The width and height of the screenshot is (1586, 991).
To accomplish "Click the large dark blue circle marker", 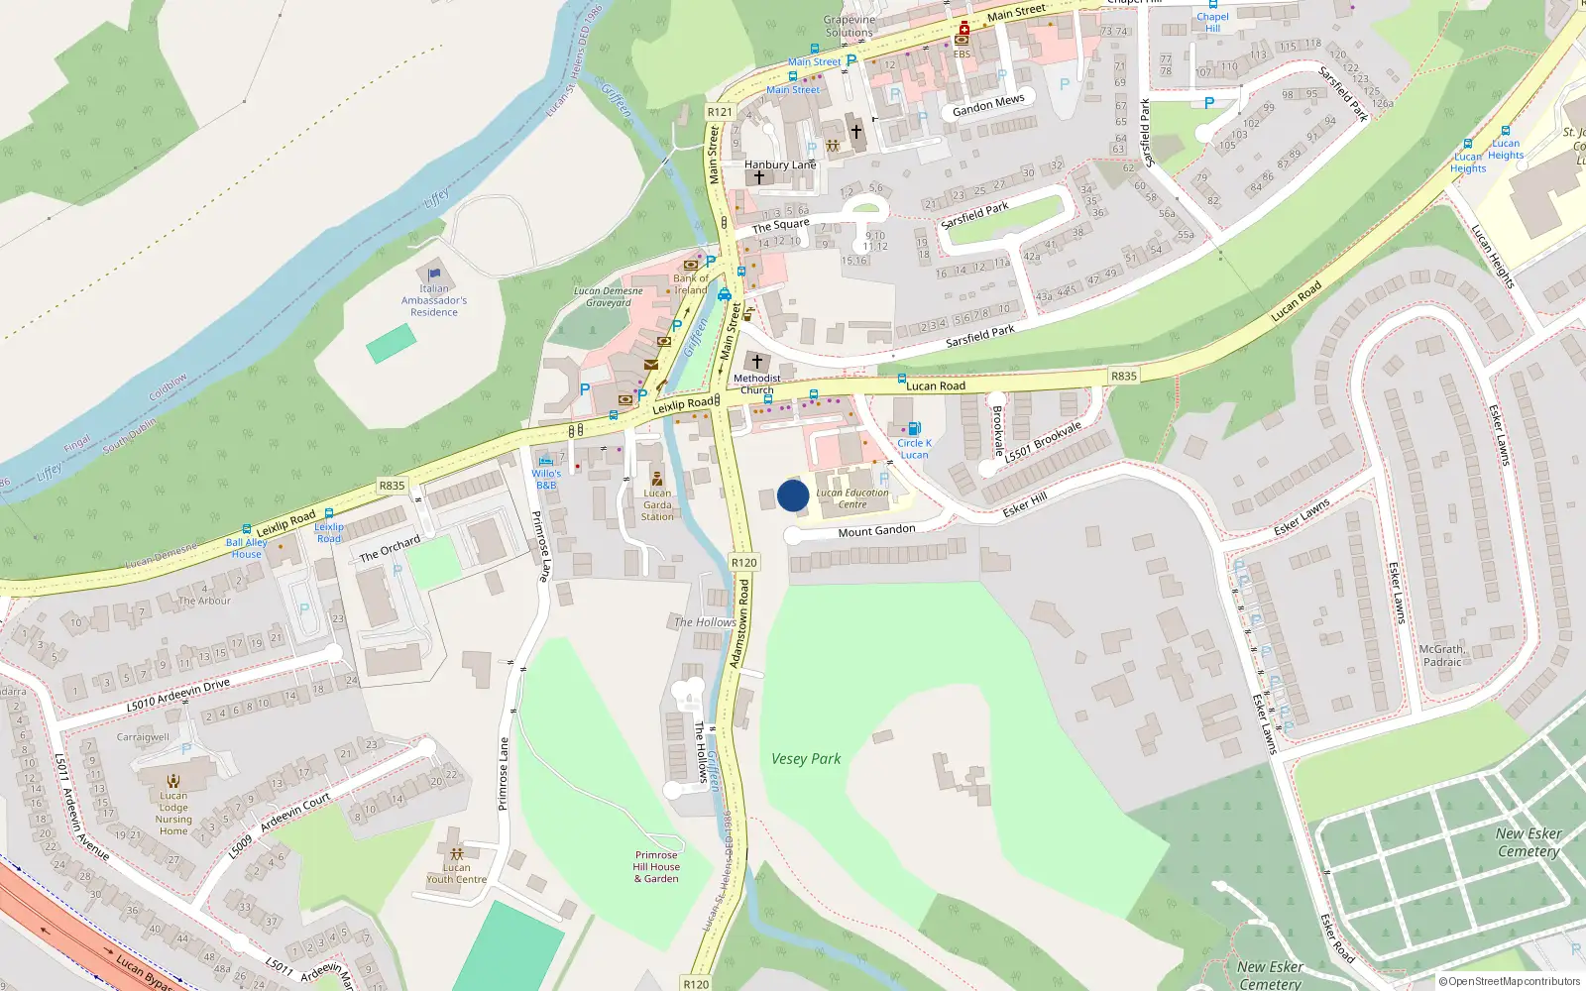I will coord(793,495).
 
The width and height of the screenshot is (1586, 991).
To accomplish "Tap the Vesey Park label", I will coord(806,759).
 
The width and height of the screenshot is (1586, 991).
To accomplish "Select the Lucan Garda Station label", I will coord(657,504).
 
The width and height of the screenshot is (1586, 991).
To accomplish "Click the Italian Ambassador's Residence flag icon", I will coord(434,275).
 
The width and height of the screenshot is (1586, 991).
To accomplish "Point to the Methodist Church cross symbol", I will coord(757,362).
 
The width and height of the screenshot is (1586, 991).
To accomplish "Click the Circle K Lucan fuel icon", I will coord(914,429).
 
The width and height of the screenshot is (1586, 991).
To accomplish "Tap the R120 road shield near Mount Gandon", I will coord(744,562).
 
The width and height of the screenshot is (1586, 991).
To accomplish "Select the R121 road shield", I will coord(720,112).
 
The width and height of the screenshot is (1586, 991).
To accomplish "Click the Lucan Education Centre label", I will coord(852,498).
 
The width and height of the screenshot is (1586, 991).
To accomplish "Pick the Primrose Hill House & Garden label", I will coord(657,866).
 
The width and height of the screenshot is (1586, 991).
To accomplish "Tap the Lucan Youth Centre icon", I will coord(456,853).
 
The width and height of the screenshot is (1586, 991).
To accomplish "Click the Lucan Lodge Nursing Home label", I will coord(173,814).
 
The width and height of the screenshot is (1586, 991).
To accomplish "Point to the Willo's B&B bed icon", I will coord(545,461).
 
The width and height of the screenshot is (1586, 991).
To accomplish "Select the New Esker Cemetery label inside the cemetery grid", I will coord(1529,842).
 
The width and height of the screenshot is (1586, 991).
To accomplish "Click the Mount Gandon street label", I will coord(876,531).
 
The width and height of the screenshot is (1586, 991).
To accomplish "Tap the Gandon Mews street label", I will coord(988,105).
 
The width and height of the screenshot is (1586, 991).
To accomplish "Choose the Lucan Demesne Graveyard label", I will coord(609,297).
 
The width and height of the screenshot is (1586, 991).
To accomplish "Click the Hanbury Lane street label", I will coord(780,165).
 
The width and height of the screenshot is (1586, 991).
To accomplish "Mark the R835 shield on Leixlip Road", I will coord(392,486).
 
